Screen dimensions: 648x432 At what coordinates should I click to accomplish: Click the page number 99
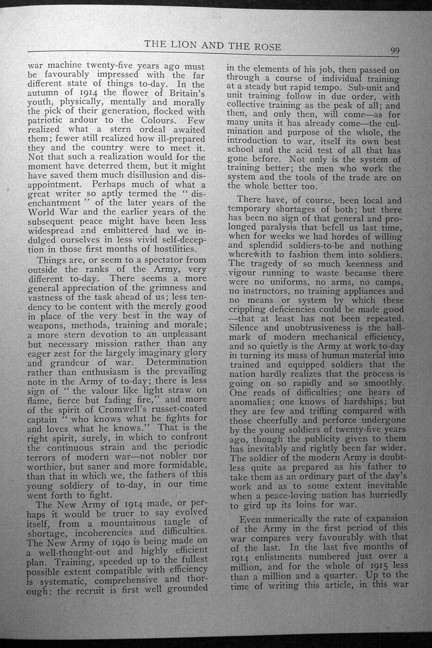394,50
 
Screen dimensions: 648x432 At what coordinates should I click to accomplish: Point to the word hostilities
169,249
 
